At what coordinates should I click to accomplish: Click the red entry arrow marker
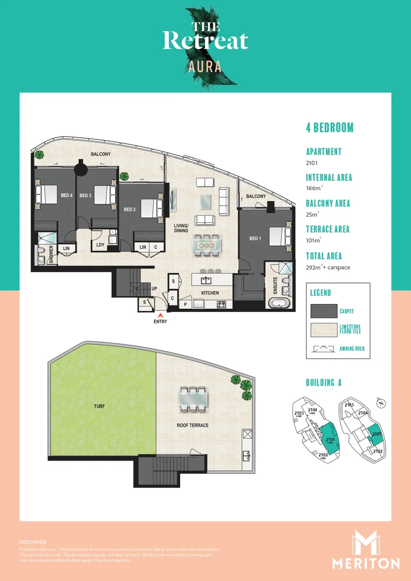(x=160, y=315)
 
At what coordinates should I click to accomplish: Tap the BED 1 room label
(x=254, y=238)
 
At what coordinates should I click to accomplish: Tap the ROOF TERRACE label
(x=193, y=425)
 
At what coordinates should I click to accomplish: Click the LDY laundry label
(x=100, y=245)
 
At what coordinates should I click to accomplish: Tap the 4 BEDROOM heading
(x=330, y=127)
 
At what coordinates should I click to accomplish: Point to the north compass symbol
(x=381, y=402)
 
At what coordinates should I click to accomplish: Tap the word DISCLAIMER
(x=32, y=542)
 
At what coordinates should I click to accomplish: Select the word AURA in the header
(x=205, y=67)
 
